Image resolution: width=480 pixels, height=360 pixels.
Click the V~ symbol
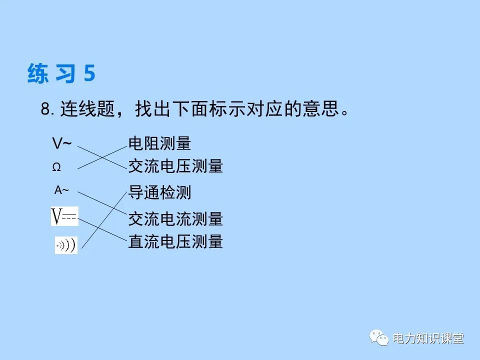62,144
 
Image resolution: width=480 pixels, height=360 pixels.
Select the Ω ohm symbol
56,168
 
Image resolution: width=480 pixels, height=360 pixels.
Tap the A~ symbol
62,190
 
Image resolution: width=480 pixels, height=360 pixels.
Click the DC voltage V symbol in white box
64,216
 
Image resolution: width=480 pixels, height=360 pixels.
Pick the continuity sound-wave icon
66,245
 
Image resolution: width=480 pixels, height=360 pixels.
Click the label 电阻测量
159,144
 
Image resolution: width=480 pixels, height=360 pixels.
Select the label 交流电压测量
175,166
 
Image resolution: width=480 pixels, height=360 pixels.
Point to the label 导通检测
159,192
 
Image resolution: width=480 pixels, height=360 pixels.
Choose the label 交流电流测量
175,218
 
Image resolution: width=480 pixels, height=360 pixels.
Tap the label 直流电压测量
175,242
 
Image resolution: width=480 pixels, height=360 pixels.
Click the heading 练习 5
61,74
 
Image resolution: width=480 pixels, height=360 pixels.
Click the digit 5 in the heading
89,74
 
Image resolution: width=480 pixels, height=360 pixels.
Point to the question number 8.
46,109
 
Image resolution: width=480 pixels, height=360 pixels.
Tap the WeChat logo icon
379,338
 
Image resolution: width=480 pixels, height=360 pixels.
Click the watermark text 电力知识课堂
428,338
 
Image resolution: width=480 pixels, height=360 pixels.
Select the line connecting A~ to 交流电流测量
102,204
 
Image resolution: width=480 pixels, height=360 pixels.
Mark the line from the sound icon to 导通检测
102,220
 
